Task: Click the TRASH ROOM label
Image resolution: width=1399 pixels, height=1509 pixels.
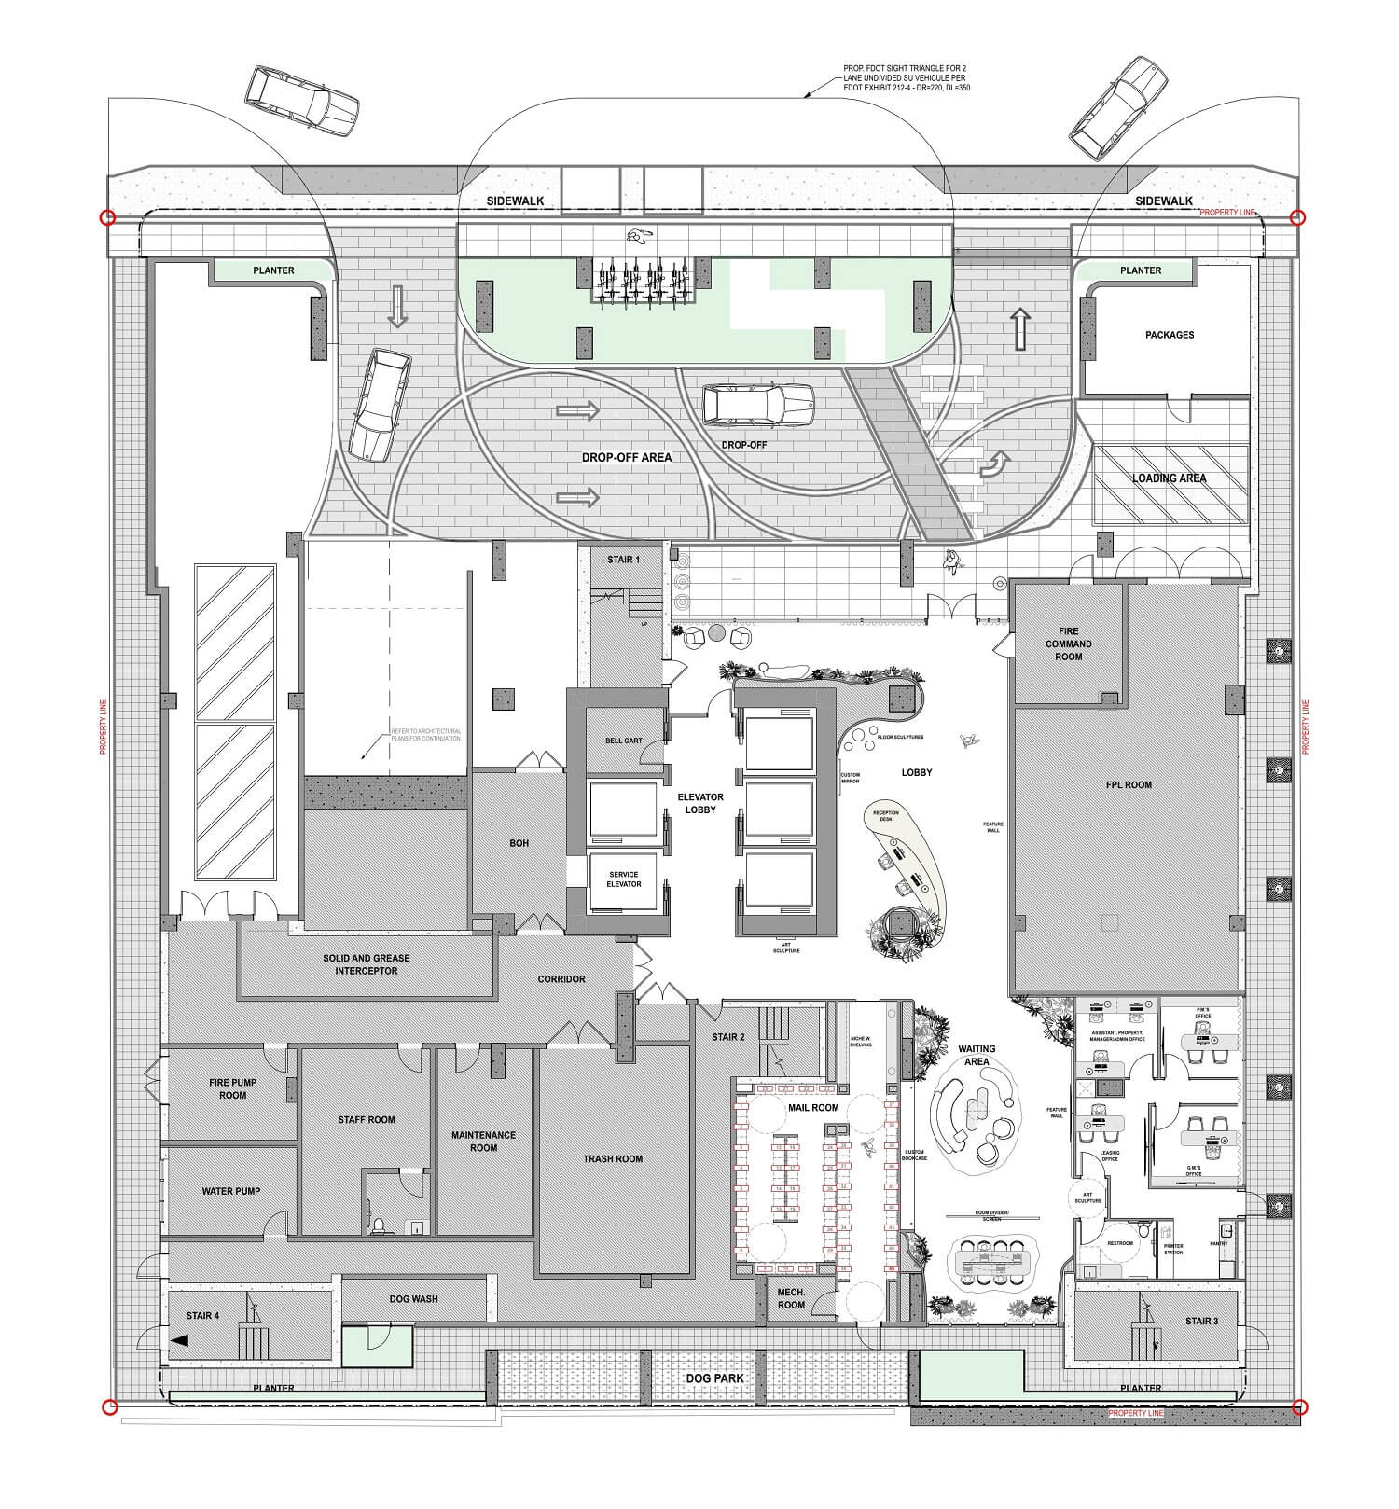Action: click(x=613, y=1158)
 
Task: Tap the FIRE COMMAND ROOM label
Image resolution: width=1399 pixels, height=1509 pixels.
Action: click(x=1068, y=644)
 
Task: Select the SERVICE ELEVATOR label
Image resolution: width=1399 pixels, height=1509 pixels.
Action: click(x=623, y=879)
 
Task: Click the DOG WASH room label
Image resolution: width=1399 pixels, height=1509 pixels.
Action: click(x=413, y=1298)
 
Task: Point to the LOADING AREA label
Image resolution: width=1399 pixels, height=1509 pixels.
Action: click(x=1169, y=478)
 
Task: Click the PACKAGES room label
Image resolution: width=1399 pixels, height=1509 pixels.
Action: click(x=1169, y=335)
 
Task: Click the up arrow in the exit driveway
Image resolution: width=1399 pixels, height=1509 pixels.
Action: click(x=1019, y=328)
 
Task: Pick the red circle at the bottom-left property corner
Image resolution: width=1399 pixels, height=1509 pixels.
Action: click(x=109, y=1407)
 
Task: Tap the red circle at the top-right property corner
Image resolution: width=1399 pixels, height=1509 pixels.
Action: click(x=1297, y=218)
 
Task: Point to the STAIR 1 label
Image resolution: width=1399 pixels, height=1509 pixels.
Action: click(x=623, y=560)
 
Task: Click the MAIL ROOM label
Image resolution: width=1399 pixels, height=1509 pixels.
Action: click(x=813, y=1107)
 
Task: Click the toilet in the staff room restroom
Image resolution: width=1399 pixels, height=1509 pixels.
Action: click(x=379, y=1225)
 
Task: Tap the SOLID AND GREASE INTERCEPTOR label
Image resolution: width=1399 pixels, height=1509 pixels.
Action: click(x=367, y=964)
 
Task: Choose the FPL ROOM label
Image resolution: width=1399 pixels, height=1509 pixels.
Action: click(x=1128, y=784)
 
